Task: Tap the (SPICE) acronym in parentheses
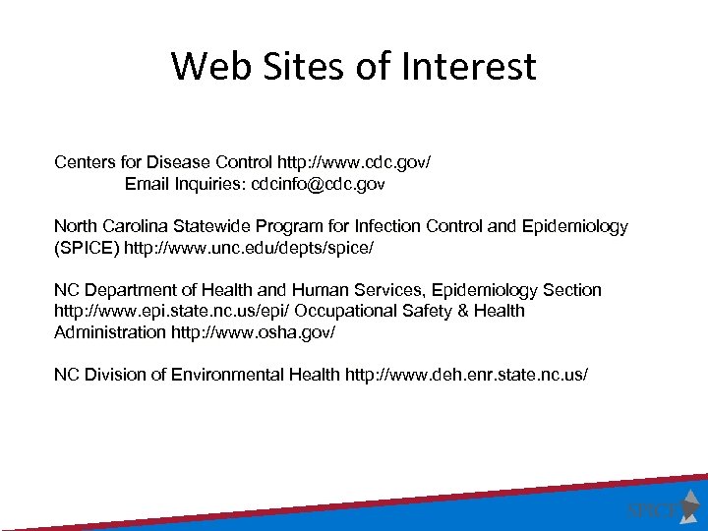[x=87, y=247]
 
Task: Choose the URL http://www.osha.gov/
[x=253, y=332]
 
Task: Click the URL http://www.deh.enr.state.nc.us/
[x=466, y=375]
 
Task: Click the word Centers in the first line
[x=84, y=161]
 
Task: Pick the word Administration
[x=110, y=332]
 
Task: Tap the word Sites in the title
[x=294, y=67]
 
